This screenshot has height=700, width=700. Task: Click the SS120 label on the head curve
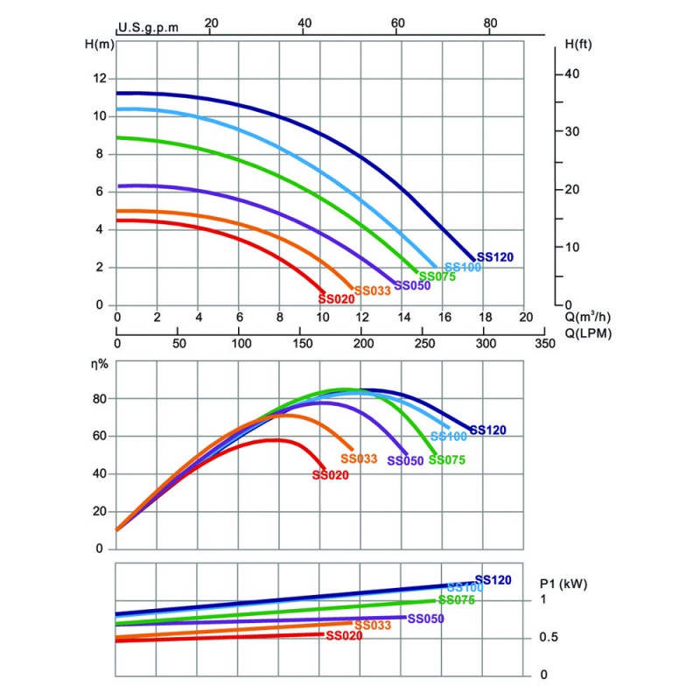coord(495,257)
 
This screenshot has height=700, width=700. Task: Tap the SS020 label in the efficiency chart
coord(331,475)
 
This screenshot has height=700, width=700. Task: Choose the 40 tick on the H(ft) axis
coord(572,73)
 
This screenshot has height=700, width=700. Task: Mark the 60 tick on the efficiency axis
coord(99,437)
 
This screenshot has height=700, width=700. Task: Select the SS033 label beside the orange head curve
coord(372,290)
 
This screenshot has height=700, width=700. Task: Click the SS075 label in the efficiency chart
coord(447,460)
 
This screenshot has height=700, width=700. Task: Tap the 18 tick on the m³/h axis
coord(485,317)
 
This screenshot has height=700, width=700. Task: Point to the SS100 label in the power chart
coord(464,588)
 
